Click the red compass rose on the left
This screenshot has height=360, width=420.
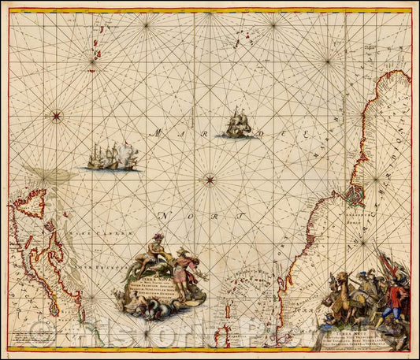(56, 117)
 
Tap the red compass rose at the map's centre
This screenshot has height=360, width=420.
(210, 180)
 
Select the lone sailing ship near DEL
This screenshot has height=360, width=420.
(237, 124)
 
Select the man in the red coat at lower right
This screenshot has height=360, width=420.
(399, 303)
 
